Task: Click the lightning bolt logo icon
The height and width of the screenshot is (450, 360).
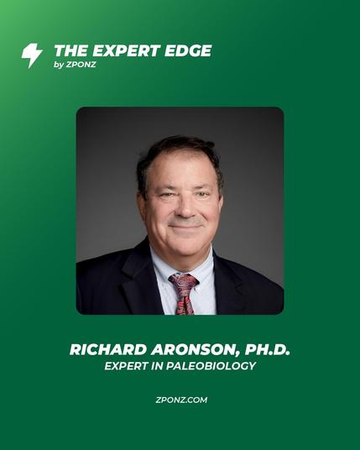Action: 32,55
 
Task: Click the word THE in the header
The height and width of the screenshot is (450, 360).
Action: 70,51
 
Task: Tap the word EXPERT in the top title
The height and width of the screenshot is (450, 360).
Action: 126,51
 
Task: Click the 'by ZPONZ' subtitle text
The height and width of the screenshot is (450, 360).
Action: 75,65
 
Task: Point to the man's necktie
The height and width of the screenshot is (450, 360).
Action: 184,294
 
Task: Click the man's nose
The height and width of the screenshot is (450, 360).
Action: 185,209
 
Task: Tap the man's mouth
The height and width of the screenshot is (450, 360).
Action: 185,227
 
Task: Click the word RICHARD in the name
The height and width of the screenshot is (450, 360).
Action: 108,349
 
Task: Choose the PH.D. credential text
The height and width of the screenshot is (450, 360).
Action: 268,349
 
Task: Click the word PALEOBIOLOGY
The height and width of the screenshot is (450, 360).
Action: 211,366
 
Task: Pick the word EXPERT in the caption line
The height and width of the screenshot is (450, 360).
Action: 125,366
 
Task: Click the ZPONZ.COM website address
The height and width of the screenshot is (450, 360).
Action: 181,400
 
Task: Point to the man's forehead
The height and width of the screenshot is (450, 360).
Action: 181,172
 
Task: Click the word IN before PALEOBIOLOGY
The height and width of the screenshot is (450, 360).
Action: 156,366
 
